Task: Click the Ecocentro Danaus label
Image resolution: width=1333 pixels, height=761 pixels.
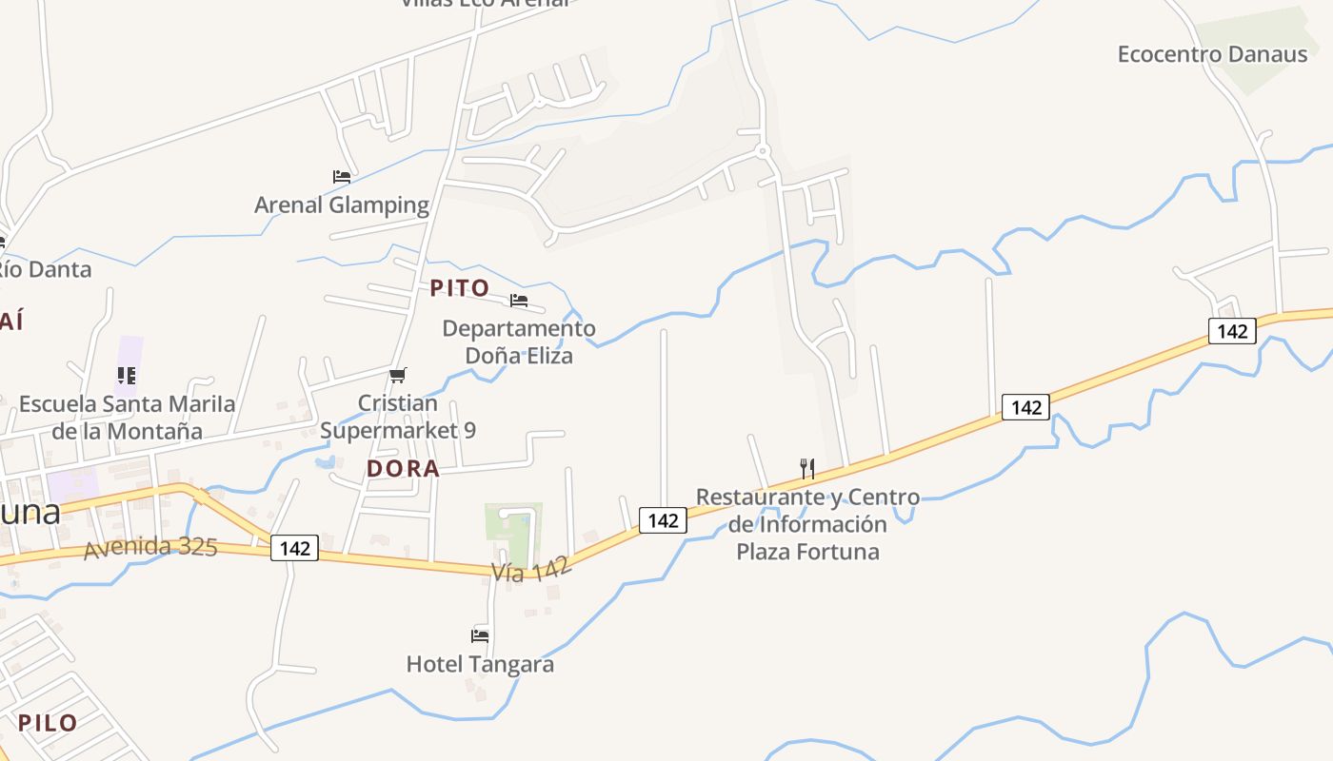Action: [1212, 54]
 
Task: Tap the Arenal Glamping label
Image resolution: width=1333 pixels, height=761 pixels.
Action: [342, 205]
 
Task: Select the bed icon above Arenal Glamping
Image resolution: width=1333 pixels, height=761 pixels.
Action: [342, 177]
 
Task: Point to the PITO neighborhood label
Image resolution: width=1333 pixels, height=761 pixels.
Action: [460, 288]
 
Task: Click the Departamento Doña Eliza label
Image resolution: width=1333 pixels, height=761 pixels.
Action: [519, 342]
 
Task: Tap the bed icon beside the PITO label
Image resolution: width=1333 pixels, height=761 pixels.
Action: [519, 301]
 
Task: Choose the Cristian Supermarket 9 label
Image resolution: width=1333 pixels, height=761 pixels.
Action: [398, 417]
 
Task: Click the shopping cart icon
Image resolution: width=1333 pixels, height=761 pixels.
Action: [398, 376]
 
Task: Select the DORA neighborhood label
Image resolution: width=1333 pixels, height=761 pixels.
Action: [404, 468]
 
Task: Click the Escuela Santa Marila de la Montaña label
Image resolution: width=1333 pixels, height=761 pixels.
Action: [127, 417]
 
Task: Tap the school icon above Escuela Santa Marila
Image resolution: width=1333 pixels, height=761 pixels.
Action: [127, 376]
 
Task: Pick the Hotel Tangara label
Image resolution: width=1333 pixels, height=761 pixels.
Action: [480, 664]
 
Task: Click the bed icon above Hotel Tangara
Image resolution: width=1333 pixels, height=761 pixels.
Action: [480, 635]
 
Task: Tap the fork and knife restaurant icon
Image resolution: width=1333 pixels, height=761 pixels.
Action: [807, 468]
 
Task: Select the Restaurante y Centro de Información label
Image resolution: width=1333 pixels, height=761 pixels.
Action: [807, 523]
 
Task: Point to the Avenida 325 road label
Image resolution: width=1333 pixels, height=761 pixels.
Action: [150, 549]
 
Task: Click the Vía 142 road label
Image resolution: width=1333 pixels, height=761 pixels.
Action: [531, 570]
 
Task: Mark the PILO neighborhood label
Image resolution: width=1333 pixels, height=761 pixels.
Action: [48, 723]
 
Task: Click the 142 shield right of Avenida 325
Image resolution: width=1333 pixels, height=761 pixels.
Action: [295, 548]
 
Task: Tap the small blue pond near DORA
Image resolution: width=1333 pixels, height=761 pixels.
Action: [325, 463]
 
